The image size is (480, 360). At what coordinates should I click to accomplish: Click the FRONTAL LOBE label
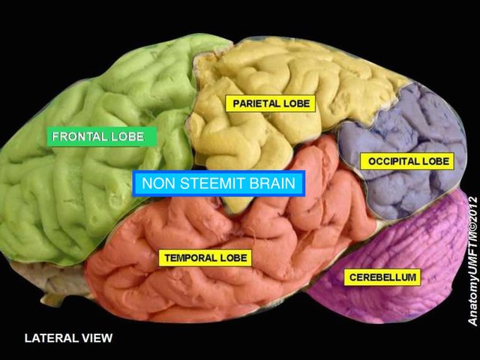(x=102, y=136)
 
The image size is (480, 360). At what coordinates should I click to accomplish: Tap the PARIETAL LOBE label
(x=270, y=103)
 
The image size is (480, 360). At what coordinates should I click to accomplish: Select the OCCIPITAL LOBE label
(x=408, y=160)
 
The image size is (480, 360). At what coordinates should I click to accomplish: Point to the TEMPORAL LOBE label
(x=205, y=258)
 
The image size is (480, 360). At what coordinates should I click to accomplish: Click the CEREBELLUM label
(x=382, y=277)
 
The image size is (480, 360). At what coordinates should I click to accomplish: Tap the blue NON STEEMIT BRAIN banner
(x=218, y=184)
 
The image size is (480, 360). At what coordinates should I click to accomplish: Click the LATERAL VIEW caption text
(x=68, y=338)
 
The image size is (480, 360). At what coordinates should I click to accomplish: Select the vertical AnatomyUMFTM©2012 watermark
(x=472, y=260)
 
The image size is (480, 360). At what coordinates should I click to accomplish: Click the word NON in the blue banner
(x=155, y=184)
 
